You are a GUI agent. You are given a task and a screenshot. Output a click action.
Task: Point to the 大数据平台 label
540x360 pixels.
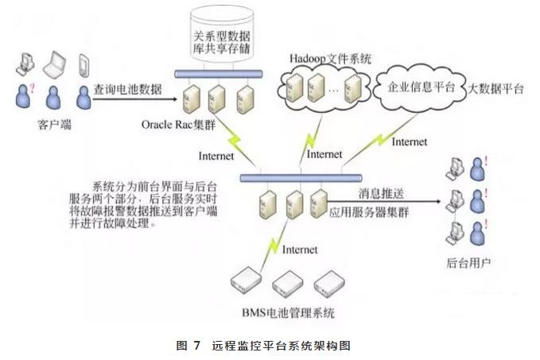496,89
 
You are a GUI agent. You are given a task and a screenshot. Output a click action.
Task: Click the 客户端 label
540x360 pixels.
50,125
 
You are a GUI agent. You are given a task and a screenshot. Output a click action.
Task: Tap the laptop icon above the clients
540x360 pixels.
54,63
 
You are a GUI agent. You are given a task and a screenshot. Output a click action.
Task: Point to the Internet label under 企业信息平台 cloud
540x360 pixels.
410,143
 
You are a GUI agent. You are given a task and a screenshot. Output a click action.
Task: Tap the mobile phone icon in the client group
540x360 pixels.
84,64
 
